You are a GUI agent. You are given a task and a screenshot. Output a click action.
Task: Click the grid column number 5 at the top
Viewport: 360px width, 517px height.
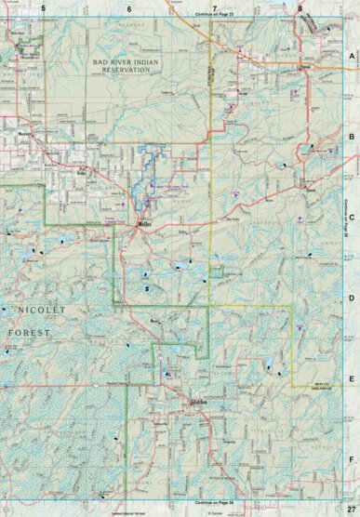pyautogui.click(x=43, y=7)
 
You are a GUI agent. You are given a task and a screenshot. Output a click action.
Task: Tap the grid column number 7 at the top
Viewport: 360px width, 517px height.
pyautogui.click(x=215, y=7)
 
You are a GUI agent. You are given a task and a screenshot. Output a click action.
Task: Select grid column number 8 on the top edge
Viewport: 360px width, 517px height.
pyautogui.click(x=300, y=7)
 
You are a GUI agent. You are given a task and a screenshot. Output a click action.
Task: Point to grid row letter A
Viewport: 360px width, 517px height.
pyautogui.click(x=352, y=56)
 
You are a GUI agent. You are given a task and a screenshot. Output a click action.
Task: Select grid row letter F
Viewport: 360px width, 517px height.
pyautogui.click(x=352, y=459)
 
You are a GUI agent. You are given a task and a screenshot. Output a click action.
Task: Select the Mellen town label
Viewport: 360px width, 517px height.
pyautogui.click(x=144, y=224)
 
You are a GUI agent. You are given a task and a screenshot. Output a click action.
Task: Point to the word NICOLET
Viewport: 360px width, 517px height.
pyautogui.click(x=37, y=307)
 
